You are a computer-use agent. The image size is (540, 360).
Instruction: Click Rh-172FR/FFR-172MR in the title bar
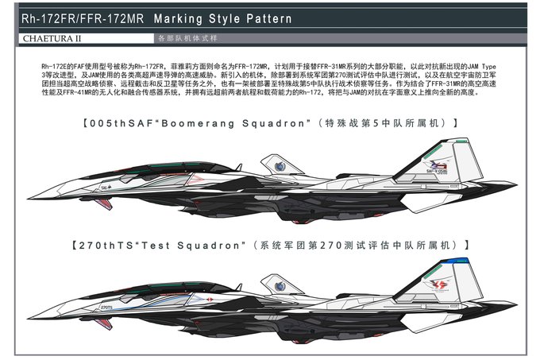[82, 18]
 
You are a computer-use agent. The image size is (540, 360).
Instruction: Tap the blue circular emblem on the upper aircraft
[280, 166]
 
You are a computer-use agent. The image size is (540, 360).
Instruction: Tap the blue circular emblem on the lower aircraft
[280, 285]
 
